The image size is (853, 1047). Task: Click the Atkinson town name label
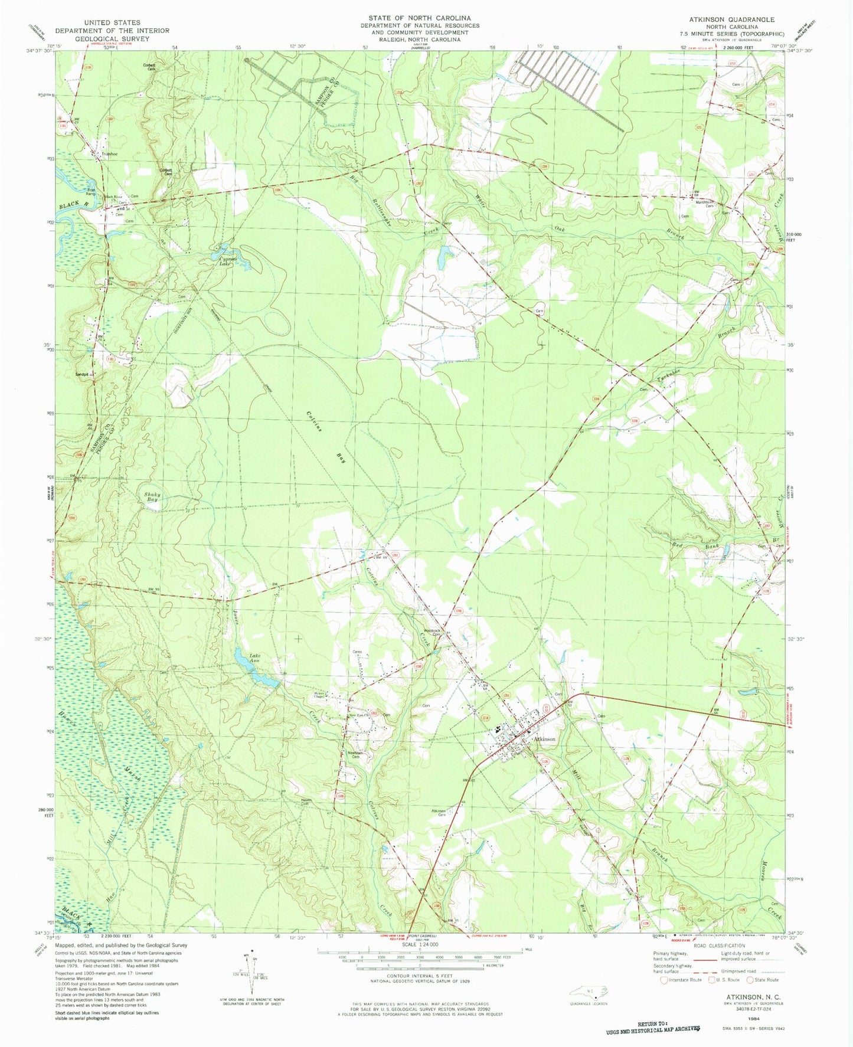coord(543,739)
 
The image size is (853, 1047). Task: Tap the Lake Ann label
coord(254,659)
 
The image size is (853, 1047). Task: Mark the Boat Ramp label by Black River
coord(91,191)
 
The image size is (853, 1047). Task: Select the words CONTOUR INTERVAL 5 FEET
coord(419,977)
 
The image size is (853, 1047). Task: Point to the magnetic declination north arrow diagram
coord(250,974)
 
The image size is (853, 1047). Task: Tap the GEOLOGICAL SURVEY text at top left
coord(112,38)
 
